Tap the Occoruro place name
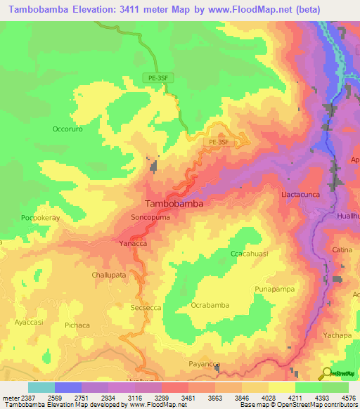(x=67, y=129)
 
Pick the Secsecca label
(x=146, y=307)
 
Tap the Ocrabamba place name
(x=210, y=305)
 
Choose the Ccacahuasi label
(x=250, y=253)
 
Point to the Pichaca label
(x=77, y=325)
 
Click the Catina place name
(x=342, y=249)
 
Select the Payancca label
(x=205, y=363)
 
